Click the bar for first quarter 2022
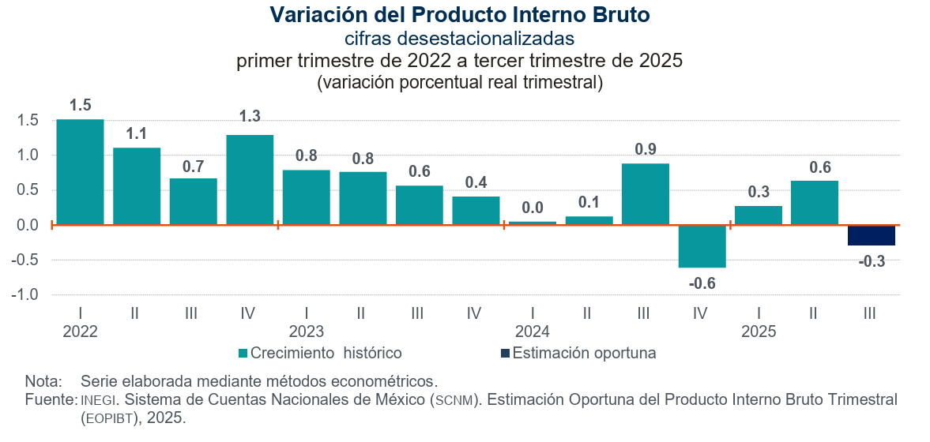coord(80,172)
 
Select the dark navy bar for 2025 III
coord(871,235)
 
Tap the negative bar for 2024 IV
coord(702,246)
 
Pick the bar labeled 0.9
coord(645,194)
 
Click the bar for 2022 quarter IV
coord(250,180)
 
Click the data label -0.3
coord(871,261)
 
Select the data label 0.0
coord(532,208)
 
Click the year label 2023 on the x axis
coord(306,331)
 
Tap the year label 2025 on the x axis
coord(758,331)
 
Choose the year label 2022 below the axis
coord(80,331)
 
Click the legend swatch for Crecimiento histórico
coord(243,353)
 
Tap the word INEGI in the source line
coord(99,400)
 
